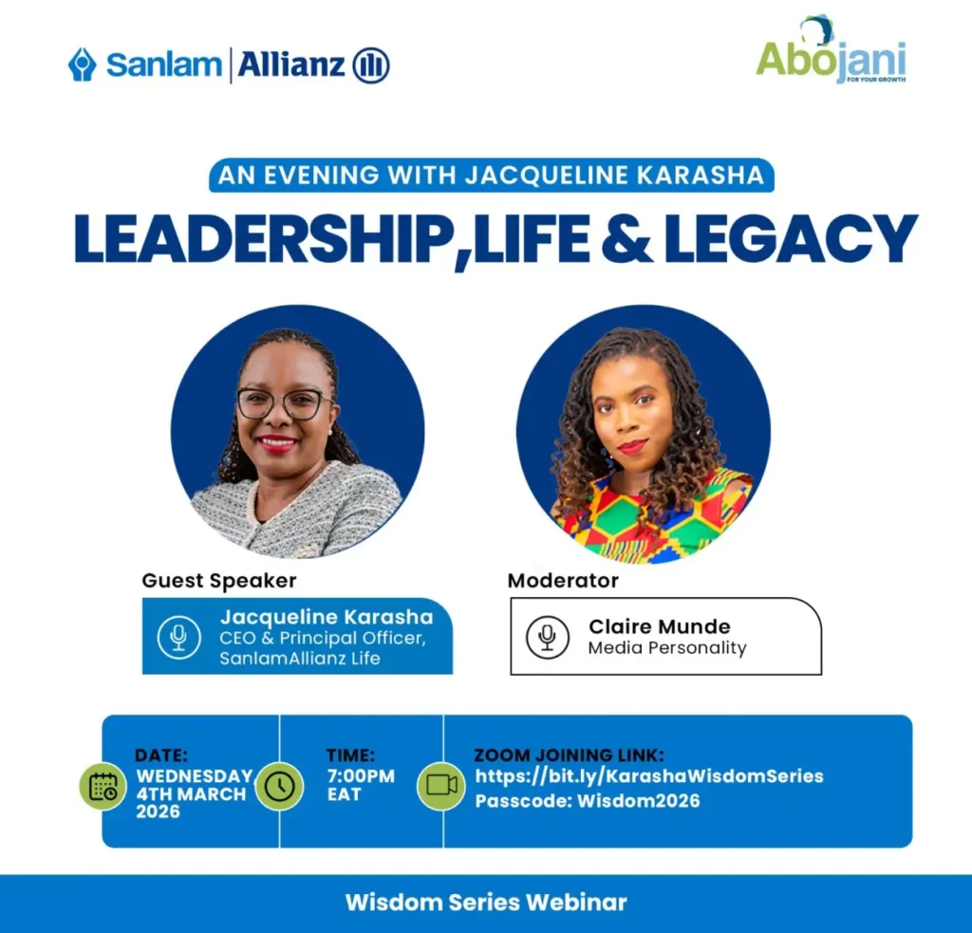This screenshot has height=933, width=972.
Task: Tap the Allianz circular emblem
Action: [371, 65]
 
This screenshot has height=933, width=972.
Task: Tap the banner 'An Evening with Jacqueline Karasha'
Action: [491, 176]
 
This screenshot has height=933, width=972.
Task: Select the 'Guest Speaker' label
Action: [219, 580]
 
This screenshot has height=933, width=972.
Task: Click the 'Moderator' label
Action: [563, 580]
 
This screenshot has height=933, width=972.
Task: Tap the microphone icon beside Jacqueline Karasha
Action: [178, 636]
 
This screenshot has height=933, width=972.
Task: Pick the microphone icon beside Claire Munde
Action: [548, 636]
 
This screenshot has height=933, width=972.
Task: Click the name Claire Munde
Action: [660, 625]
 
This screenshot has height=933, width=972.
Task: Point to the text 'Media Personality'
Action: [667, 648]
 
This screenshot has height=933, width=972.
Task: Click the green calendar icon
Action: [103, 786]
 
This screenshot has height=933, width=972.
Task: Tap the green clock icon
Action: [280, 786]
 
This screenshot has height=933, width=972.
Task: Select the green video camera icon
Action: [441, 786]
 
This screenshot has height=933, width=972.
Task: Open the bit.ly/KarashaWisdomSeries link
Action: [649, 776]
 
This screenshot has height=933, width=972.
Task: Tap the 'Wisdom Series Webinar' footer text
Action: [486, 902]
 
